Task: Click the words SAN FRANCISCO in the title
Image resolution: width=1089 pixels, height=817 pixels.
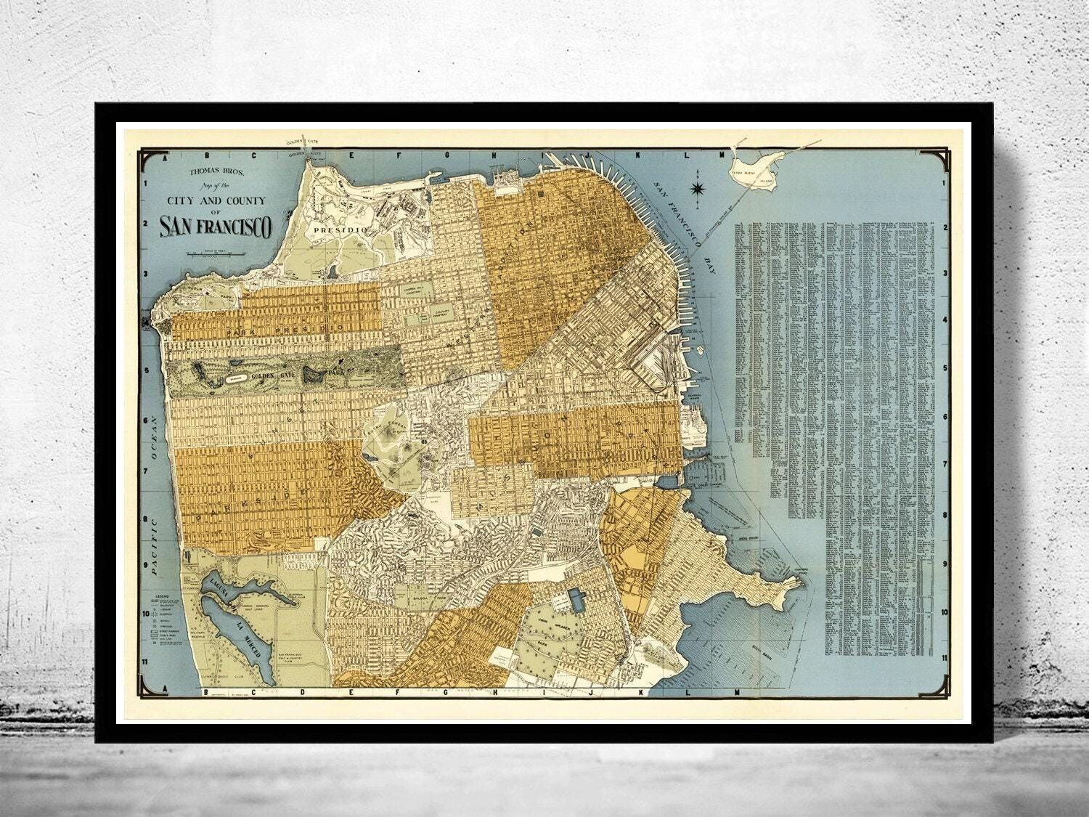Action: coord(215,227)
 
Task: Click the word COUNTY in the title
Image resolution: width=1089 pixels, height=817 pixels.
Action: coord(245,200)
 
